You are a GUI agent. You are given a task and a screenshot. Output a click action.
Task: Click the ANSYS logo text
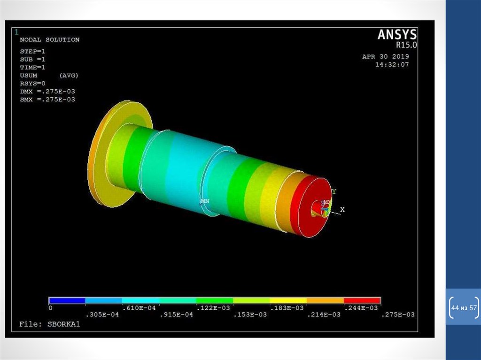coord(397,34)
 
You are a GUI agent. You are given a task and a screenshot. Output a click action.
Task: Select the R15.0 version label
coord(406,45)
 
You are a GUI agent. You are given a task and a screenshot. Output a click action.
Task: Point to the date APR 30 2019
coord(386,56)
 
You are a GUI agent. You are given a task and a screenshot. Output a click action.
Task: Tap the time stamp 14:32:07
coord(392,64)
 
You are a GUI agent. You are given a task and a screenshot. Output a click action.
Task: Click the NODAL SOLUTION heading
coord(50,39)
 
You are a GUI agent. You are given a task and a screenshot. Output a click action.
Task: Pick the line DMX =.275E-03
coord(47,92)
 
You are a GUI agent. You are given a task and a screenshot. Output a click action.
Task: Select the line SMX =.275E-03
coord(47,100)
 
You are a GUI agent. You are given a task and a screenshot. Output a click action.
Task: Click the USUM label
coord(29,76)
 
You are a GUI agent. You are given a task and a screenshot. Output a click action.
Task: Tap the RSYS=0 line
coord(32,84)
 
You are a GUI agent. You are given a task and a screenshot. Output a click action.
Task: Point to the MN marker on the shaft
coord(205,201)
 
